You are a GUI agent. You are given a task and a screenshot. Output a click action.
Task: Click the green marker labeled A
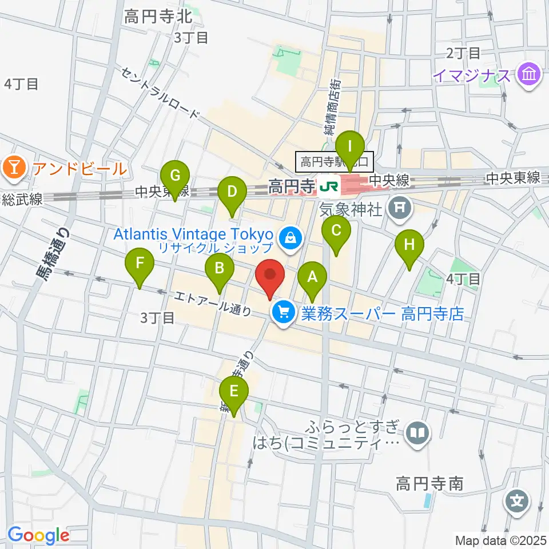(312, 279)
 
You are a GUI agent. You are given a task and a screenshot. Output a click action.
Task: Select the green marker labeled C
(336, 232)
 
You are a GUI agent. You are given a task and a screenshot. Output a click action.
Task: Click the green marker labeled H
(409, 246)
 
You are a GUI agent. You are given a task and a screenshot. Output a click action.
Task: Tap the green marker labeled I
(350, 146)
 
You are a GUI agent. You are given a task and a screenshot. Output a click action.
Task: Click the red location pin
(270, 276)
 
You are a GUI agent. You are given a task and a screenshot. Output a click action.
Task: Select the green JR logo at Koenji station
(329, 185)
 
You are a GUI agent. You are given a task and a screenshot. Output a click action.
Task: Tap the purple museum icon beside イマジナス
(530, 75)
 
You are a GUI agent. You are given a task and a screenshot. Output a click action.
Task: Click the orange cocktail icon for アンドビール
(11, 168)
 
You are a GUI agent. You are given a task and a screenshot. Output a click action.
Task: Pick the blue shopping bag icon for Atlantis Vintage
(291, 236)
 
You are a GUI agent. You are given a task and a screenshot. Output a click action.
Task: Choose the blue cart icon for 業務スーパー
(283, 313)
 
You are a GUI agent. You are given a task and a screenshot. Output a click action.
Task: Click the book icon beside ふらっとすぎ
(419, 433)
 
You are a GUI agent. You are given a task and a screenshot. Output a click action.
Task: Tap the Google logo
(38, 535)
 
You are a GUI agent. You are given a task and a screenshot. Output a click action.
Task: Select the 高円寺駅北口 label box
(335, 161)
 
